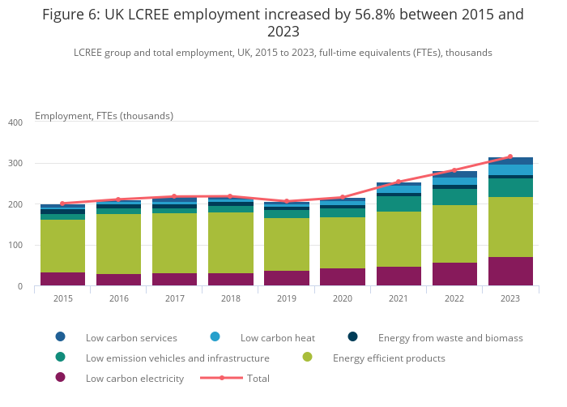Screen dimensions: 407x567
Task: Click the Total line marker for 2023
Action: pyautogui.click(x=510, y=156)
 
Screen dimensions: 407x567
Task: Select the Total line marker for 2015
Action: pyautogui.click(x=62, y=203)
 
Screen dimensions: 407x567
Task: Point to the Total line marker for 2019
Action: pyautogui.click(x=287, y=201)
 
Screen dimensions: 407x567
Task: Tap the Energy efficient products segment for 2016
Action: pyautogui.click(x=118, y=243)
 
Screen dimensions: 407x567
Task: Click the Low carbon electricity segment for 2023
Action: pyautogui.click(x=510, y=271)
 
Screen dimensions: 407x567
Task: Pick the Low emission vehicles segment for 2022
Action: pyautogui.click(x=454, y=197)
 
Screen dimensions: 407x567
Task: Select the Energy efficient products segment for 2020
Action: pyautogui.click(x=343, y=242)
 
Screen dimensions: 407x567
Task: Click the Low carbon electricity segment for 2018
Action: pyautogui.click(x=231, y=279)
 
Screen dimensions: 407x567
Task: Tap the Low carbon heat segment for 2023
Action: pyautogui.click(x=510, y=169)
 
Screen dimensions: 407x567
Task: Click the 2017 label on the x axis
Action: pyautogui.click(x=174, y=299)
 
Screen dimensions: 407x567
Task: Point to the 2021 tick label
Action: pyautogui.click(x=399, y=299)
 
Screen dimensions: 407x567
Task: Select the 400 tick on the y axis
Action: pyautogui.click(x=15, y=122)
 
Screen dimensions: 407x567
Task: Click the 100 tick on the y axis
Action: pyautogui.click(x=15, y=246)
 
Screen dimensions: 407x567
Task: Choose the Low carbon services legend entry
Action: pyautogui.click(x=131, y=337)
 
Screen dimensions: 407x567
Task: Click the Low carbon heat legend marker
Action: pyautogui.click(x=215, y=337)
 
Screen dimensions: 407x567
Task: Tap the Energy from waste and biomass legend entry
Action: pyautogui.click(x=450, y=337)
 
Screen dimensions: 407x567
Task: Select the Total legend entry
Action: pyautogui.click(x=258, y=378)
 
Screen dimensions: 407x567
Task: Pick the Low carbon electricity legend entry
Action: pyautogui.click(x=134, y=378)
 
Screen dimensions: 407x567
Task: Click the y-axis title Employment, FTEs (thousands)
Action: pyautogui.click(x=104, y=116)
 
